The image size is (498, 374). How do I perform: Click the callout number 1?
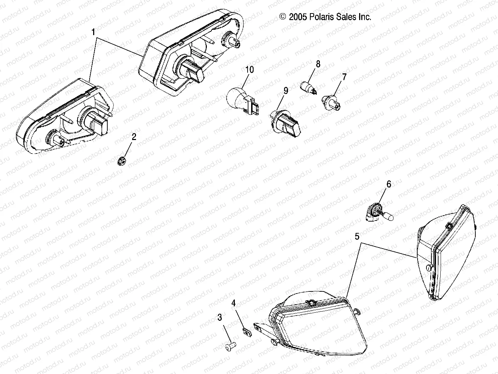pos(93,33)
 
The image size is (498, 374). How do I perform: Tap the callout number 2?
pos(134,137)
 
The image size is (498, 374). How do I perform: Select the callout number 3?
pos(220,318)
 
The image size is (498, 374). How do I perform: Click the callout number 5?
pos(357,236)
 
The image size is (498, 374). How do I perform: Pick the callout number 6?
pos(389,184)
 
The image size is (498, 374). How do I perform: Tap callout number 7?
pos(344,77)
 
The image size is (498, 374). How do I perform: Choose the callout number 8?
pos(318,64)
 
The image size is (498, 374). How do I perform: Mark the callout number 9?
pos(285,91)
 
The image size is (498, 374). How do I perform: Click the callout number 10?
pos(249,69)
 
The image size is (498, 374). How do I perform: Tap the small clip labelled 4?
pos(246,332)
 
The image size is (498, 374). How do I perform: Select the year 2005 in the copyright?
pos(297,17)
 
